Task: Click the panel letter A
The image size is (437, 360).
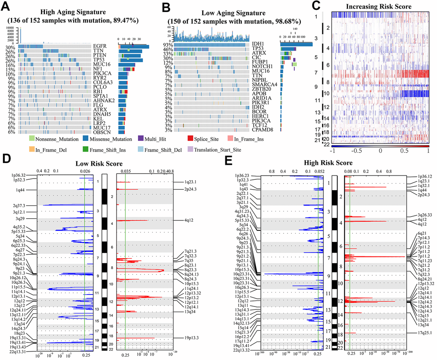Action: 7,7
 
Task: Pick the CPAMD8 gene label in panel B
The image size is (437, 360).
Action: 262,129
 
